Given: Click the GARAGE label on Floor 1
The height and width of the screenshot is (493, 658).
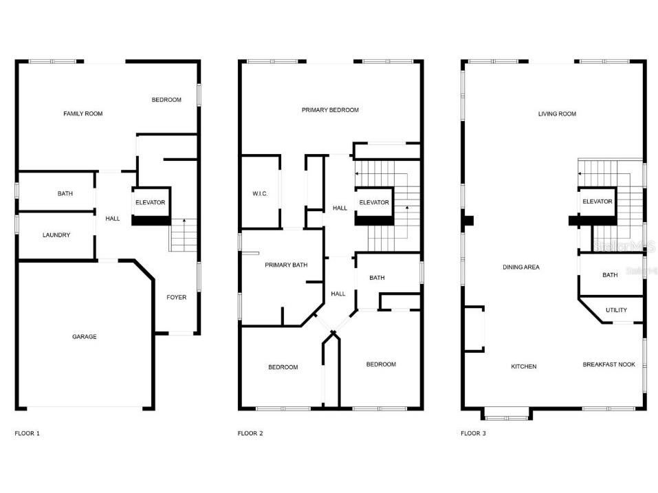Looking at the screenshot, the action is [85, 336].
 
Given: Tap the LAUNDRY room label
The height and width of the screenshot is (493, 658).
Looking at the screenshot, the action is [56, 235].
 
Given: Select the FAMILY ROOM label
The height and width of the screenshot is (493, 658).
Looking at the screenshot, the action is [83, 113].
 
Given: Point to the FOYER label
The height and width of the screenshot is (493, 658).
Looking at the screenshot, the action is [176, 297].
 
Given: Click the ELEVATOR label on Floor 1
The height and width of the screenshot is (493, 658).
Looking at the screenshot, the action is [150, 202].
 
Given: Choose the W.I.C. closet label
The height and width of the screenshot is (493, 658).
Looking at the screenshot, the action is [260, 193].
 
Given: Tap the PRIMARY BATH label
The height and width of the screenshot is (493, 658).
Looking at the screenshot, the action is [286, 265].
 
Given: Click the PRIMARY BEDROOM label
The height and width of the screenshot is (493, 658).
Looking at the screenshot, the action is [330, 110].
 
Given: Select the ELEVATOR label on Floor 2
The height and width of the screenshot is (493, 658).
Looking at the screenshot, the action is [374, 202].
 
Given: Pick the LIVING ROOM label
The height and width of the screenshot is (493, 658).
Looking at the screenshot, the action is [558, 113].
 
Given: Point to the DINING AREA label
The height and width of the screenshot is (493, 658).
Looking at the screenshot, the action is [521, 267].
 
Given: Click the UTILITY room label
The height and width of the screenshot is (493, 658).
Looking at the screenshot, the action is [616, 310].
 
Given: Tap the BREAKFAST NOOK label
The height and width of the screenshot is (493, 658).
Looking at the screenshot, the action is [609, 364].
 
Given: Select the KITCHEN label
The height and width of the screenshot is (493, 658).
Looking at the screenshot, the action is [524, 366].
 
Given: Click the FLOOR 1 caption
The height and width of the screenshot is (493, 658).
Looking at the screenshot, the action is [28, 433].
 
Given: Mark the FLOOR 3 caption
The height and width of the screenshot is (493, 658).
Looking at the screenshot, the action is [473, 433].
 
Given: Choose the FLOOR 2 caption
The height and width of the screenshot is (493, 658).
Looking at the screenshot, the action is [250, 433].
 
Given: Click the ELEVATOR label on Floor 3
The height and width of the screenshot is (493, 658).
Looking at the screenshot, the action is [597, 201].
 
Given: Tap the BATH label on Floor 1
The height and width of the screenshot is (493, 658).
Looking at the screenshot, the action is [65, 193].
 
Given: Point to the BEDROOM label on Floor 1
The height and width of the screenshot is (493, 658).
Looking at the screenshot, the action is [166, 100].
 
